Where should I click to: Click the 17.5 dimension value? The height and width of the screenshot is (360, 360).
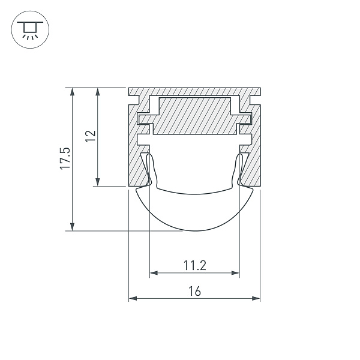(65, 158)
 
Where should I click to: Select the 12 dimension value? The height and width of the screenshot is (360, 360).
(91, 136)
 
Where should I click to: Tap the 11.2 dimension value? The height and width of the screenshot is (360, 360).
(195, 265)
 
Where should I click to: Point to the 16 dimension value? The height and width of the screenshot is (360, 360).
(194, 291)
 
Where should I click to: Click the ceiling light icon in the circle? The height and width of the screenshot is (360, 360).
(30, 29)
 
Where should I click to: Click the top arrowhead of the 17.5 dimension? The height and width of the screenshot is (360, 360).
(73, 92)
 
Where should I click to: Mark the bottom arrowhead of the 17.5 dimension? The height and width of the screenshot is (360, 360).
(73, 227)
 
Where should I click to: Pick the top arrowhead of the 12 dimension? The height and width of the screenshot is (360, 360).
(98, 92)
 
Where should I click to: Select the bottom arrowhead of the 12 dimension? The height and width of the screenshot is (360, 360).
(98, 182)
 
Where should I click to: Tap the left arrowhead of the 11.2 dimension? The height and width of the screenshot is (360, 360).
(154, 273)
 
